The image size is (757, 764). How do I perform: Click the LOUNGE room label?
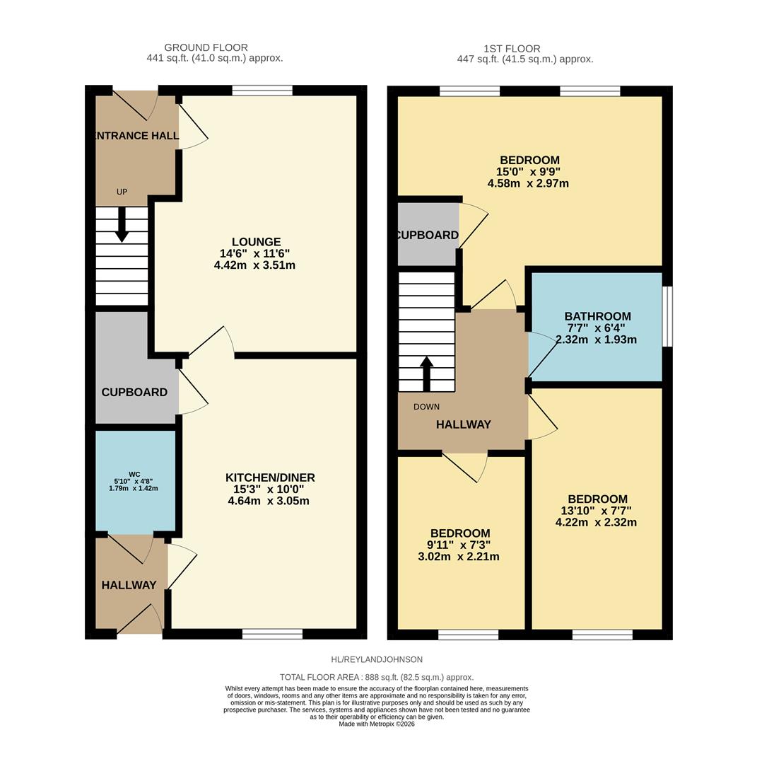[256, 242]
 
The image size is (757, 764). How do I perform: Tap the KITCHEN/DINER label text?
[269, 477]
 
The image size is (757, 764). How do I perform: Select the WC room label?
[134, 474]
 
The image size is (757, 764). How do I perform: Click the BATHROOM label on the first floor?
[597, 316]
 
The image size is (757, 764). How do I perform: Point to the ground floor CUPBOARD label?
[134, 392]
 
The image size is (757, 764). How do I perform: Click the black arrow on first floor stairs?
[426, 373]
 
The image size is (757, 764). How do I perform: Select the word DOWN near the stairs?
[426, 407]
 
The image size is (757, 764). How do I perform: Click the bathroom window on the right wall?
[667, 316]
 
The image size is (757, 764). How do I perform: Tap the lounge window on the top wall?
[262, 90]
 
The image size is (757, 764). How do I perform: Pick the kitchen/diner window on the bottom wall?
[272, 634]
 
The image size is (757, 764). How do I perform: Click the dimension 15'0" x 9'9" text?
[529, 172]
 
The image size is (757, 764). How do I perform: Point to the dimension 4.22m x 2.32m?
[596, 523]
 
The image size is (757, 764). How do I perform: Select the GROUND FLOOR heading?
[206, 47]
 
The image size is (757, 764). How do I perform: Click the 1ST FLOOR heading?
[512, 49]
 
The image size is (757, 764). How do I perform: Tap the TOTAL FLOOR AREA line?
[377, 677]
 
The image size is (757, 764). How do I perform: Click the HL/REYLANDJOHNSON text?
[377, 659]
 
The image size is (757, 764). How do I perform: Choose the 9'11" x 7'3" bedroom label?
[459, 545]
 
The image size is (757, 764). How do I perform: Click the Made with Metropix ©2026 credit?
[377, 724]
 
